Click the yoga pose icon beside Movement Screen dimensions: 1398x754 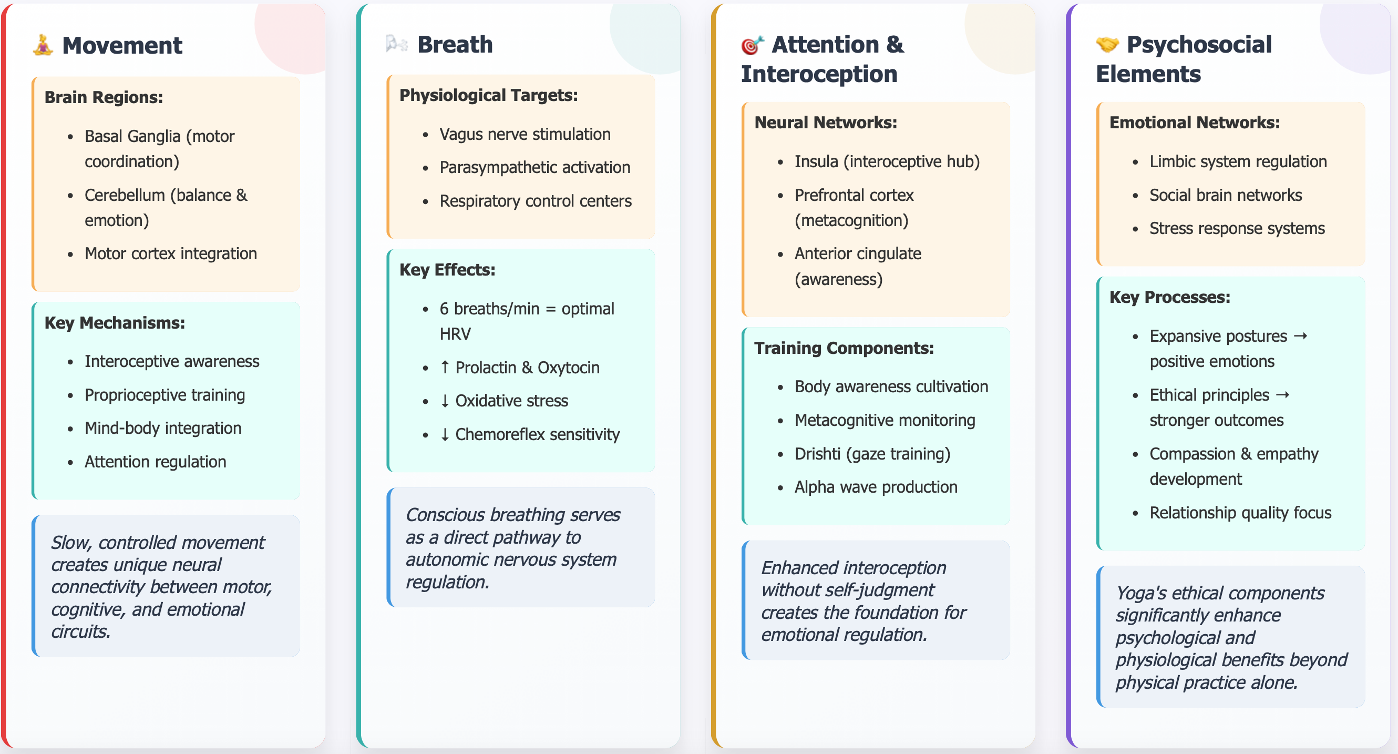[43, 45]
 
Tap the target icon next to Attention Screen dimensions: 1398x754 [752, 45]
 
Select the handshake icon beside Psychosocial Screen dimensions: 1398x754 [1107, 45]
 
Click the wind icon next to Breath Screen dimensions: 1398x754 [397, 44]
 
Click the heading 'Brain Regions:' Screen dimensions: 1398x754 [104, 97]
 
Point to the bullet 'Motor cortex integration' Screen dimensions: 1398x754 [170, 253]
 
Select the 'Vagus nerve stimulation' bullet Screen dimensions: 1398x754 [525, 134]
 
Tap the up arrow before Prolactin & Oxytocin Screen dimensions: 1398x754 [445, 367]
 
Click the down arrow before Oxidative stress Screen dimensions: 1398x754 [445, 401]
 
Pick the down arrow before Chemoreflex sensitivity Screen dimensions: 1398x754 [445, 434]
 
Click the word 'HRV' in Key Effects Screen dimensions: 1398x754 [455, 334]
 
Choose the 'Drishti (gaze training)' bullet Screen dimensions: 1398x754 [872, 454]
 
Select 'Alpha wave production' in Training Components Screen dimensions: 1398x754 [876, 487]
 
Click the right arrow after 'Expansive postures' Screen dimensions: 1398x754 [1300, 336]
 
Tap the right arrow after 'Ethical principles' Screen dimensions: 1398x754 [1282, 395]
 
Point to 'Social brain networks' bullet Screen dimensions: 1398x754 [1226, 195]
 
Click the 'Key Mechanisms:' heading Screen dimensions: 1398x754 [115, 323]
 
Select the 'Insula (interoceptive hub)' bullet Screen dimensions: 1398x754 [887, 161]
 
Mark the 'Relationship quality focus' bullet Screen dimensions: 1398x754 [1240, 513]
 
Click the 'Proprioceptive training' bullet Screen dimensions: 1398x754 [165, 395]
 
